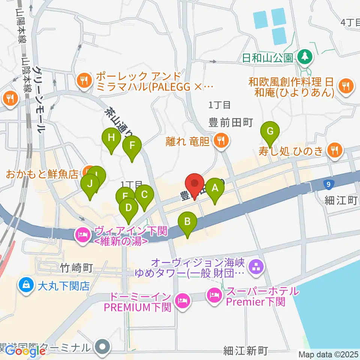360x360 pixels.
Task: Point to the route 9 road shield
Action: (328, 184)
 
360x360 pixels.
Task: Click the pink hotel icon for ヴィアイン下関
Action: (83, 235)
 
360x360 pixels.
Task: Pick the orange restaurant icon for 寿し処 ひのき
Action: (333, 151)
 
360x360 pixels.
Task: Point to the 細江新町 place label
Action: (246, 351)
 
